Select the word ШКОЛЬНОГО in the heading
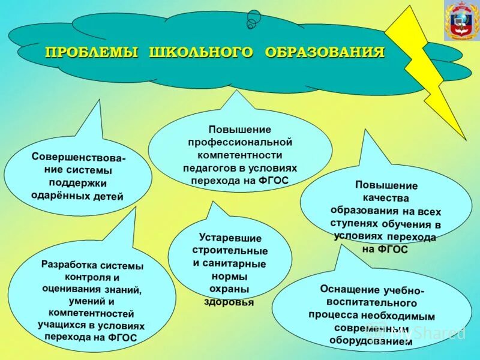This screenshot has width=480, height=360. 197,52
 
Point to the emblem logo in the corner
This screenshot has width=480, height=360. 461,21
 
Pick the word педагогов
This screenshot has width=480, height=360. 206,167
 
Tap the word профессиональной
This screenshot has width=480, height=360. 240,142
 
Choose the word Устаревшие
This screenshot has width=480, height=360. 229,238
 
